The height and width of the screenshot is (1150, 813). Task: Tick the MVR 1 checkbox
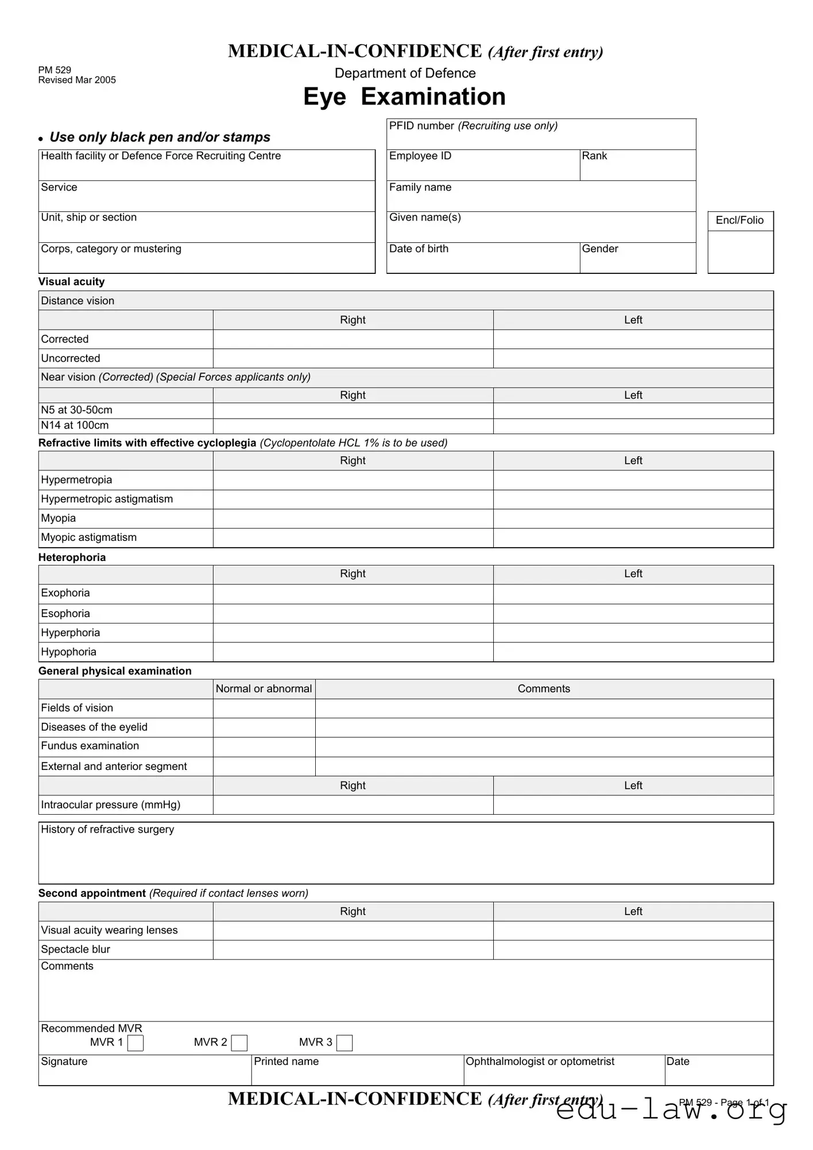click(x=135, y=1043)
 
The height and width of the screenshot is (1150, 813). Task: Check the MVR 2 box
click(x=239, y=1043)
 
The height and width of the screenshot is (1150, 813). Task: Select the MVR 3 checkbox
click(x=344, y=1043)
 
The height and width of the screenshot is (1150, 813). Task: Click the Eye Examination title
click(x=404, y=96)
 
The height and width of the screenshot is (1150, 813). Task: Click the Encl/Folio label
click(x=740, y=220)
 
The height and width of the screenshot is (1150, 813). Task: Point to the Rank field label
click(x=594, y=156)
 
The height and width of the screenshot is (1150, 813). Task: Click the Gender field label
click(x=600, y=249)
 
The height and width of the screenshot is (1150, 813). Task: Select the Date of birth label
click(x=419, y=249)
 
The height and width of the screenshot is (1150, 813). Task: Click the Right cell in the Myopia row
click(x=353, y=518)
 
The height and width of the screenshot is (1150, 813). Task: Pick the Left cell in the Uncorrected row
click(x=633, y=359)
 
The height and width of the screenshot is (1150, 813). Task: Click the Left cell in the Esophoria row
click(x=633, y=614)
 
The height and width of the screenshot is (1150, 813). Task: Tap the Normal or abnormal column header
click(x=264, y=689)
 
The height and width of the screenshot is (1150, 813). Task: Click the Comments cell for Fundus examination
click(x=544, y=746)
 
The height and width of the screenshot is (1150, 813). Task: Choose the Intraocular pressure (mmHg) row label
click(x=110, y=805)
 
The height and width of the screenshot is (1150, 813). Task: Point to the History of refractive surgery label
click(x=107, y=830)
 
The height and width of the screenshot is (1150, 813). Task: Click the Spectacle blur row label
click(x=75, y=950)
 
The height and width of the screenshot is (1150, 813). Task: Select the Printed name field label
click(x=286, y=1062)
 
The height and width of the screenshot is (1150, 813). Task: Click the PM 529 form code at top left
click(x=55, y=70)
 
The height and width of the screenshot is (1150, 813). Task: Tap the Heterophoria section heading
click(x=72, y=557)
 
